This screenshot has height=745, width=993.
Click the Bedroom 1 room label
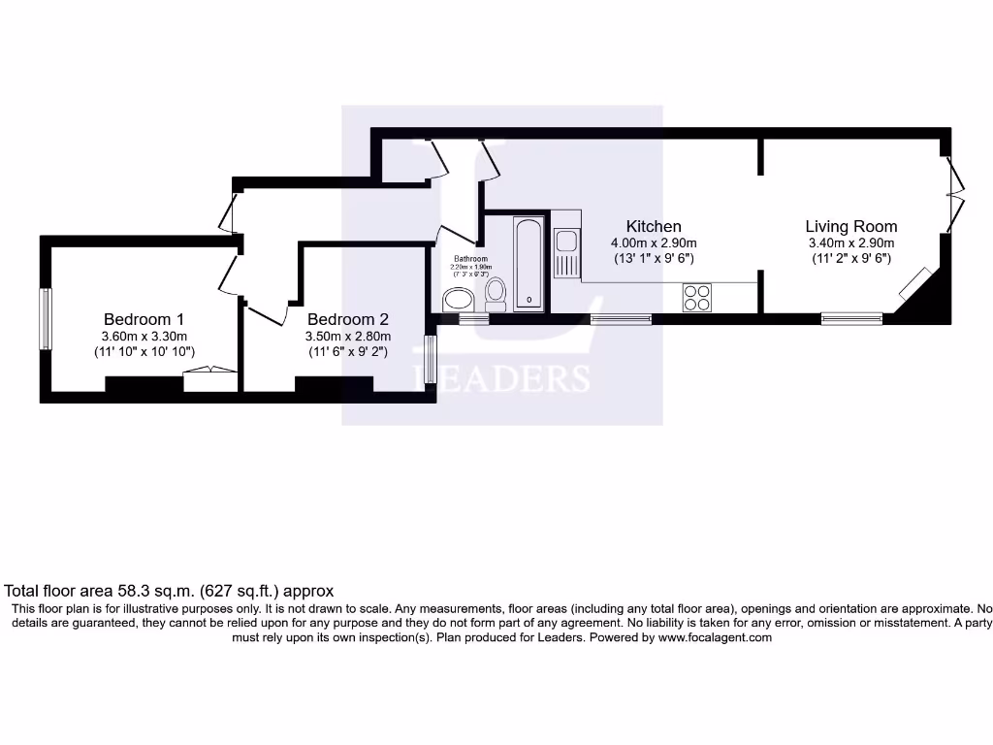point(144,319)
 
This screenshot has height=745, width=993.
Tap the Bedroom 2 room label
point(347,319)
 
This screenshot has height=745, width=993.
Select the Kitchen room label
point(653,227)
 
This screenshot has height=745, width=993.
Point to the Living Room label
point(850,227)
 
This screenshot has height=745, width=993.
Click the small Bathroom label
point(470,259)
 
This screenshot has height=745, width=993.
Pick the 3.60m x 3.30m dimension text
point(144,337)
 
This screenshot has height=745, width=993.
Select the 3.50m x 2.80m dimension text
point(347,337)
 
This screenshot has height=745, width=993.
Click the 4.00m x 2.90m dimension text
point(653,243)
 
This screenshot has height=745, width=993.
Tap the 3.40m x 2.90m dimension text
point(850,243)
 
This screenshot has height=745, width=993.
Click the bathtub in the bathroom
point(529,264)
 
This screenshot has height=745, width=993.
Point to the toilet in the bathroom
point(496,291)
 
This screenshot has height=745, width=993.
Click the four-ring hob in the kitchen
point(696,297)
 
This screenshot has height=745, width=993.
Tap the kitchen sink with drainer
point(566,253)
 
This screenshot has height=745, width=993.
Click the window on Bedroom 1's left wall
point(44,319)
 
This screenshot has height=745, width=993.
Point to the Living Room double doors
point(954,194)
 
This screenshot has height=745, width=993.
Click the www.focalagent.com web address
point(715,638)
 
